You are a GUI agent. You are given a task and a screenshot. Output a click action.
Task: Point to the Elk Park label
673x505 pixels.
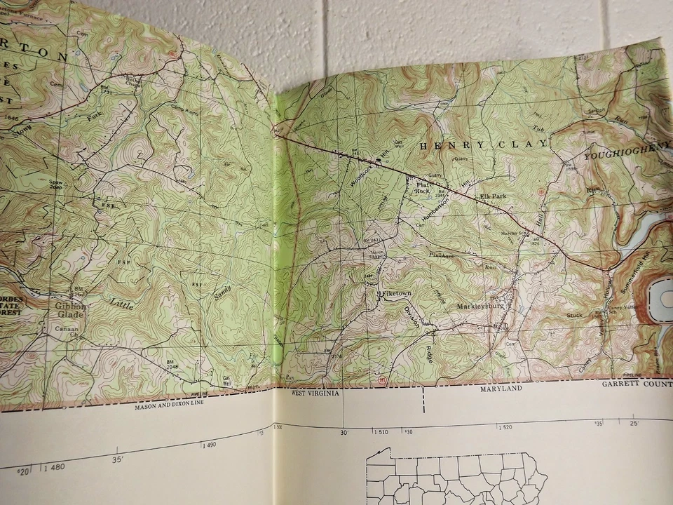(x=494, y=196)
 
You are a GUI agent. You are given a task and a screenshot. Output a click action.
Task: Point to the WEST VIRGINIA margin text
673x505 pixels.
(x=315, y=393)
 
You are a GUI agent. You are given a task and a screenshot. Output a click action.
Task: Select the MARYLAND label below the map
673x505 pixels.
(x=501, y=389)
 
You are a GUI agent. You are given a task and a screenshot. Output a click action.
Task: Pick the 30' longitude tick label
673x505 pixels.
(x=344, y=433)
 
